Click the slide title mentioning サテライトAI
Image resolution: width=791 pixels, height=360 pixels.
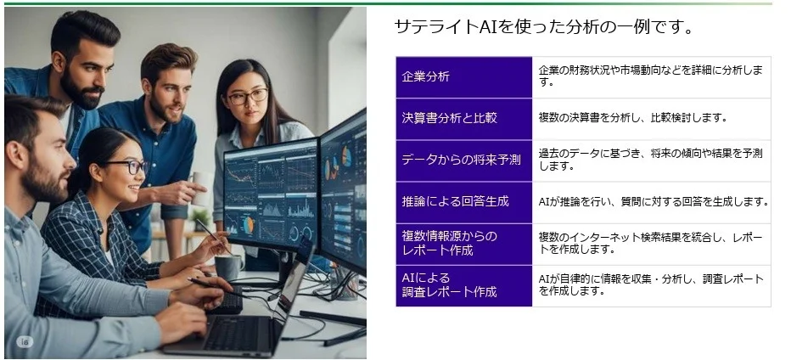coord(544,27)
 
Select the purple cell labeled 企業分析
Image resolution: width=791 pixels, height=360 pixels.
coord(463,77)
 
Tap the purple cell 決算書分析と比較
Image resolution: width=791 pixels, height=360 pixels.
coord(463,119)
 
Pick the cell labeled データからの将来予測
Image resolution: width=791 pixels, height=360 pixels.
coord(463,160)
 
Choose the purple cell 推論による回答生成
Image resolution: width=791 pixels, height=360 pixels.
coord(463,202)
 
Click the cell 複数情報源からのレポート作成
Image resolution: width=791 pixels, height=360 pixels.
coord(463,244)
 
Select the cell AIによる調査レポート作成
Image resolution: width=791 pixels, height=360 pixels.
coord(463,285)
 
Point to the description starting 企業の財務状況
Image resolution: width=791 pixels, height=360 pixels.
coord(650,76)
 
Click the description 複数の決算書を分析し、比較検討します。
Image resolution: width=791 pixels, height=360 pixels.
coord(632,118)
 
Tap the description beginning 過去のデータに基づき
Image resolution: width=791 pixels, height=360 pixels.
coord(650,160)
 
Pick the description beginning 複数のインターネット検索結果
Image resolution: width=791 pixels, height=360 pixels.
coord(650,244)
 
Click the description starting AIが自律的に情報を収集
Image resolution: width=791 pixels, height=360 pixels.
coord(650,285)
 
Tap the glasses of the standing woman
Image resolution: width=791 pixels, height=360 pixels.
coord(247,95)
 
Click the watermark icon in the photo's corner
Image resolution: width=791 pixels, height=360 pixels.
coord(24,341)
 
